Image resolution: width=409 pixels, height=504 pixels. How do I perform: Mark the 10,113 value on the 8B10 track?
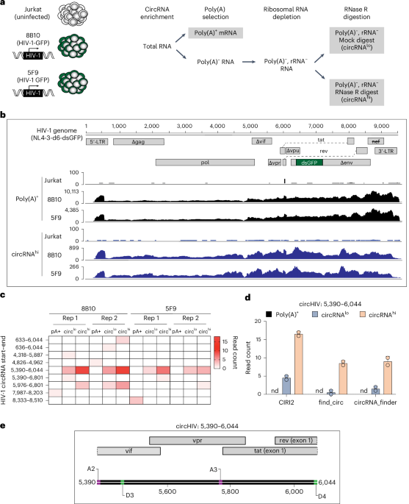pyautogui.click(x=70, y=189)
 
